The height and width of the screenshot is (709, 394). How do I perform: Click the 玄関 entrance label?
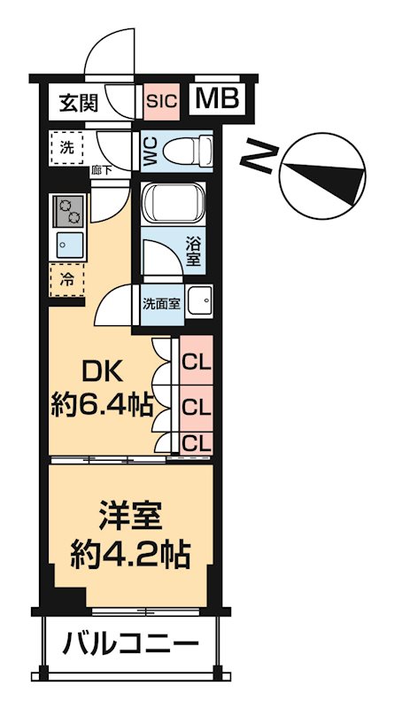click(x=79, y=102)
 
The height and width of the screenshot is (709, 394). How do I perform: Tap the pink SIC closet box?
click(x=161, y=101)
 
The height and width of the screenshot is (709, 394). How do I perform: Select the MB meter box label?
click(x=217, y=99)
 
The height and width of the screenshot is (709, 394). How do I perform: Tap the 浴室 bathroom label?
click(x=193, y=250)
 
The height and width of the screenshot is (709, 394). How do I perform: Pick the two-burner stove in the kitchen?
click(x=68, y=210)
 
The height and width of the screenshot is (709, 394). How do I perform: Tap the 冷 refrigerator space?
click(x=67, y=279)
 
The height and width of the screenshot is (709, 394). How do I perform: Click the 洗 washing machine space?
click(x=68, y=148)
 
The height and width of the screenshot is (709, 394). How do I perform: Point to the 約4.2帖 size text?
click(x=130, y=557)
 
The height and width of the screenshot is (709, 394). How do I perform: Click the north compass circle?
click(x=321, y=172)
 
